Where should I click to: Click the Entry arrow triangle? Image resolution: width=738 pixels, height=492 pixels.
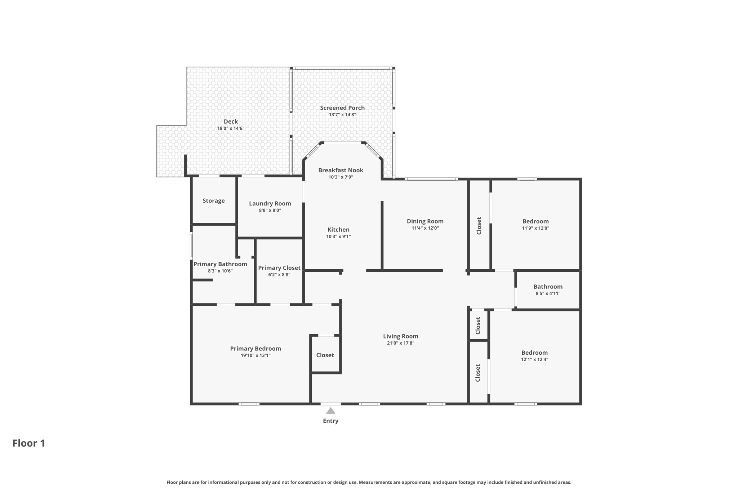[330, 411]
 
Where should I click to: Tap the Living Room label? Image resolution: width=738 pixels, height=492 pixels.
[400, 336]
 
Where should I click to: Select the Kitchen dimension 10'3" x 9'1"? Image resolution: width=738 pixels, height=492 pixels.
[338, 236]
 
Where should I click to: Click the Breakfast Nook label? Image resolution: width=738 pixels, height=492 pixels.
[341, 170]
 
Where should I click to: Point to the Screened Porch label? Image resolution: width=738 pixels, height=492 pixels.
[342, 108]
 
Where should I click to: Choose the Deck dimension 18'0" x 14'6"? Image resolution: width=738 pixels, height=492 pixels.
[231, 128]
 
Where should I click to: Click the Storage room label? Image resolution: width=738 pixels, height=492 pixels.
[213, 201]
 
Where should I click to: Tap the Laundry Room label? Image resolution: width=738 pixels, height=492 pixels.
[270, 203]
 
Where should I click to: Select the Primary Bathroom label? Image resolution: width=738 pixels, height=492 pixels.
[220, 264]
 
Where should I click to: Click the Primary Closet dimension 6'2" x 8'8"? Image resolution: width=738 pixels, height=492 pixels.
[279, 275]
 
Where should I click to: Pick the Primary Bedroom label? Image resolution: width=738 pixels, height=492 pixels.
[255, 349]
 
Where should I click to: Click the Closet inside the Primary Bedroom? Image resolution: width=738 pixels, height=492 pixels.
[325, 355]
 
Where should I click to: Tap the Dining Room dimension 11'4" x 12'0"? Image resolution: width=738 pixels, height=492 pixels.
[425, 228]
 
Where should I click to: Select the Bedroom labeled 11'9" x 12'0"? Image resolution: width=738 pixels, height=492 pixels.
[535, 221]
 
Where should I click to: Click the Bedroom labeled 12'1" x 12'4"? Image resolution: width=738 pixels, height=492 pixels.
[534, 353]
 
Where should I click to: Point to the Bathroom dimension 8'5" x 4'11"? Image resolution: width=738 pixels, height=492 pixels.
[548, 293]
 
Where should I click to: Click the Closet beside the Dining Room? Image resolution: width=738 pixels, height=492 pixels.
[479, 226]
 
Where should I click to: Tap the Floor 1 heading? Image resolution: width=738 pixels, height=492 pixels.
[29, 443]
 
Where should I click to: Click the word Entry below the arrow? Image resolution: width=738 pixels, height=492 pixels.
[330, 421]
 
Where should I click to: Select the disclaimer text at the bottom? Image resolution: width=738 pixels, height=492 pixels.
[369, 482]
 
